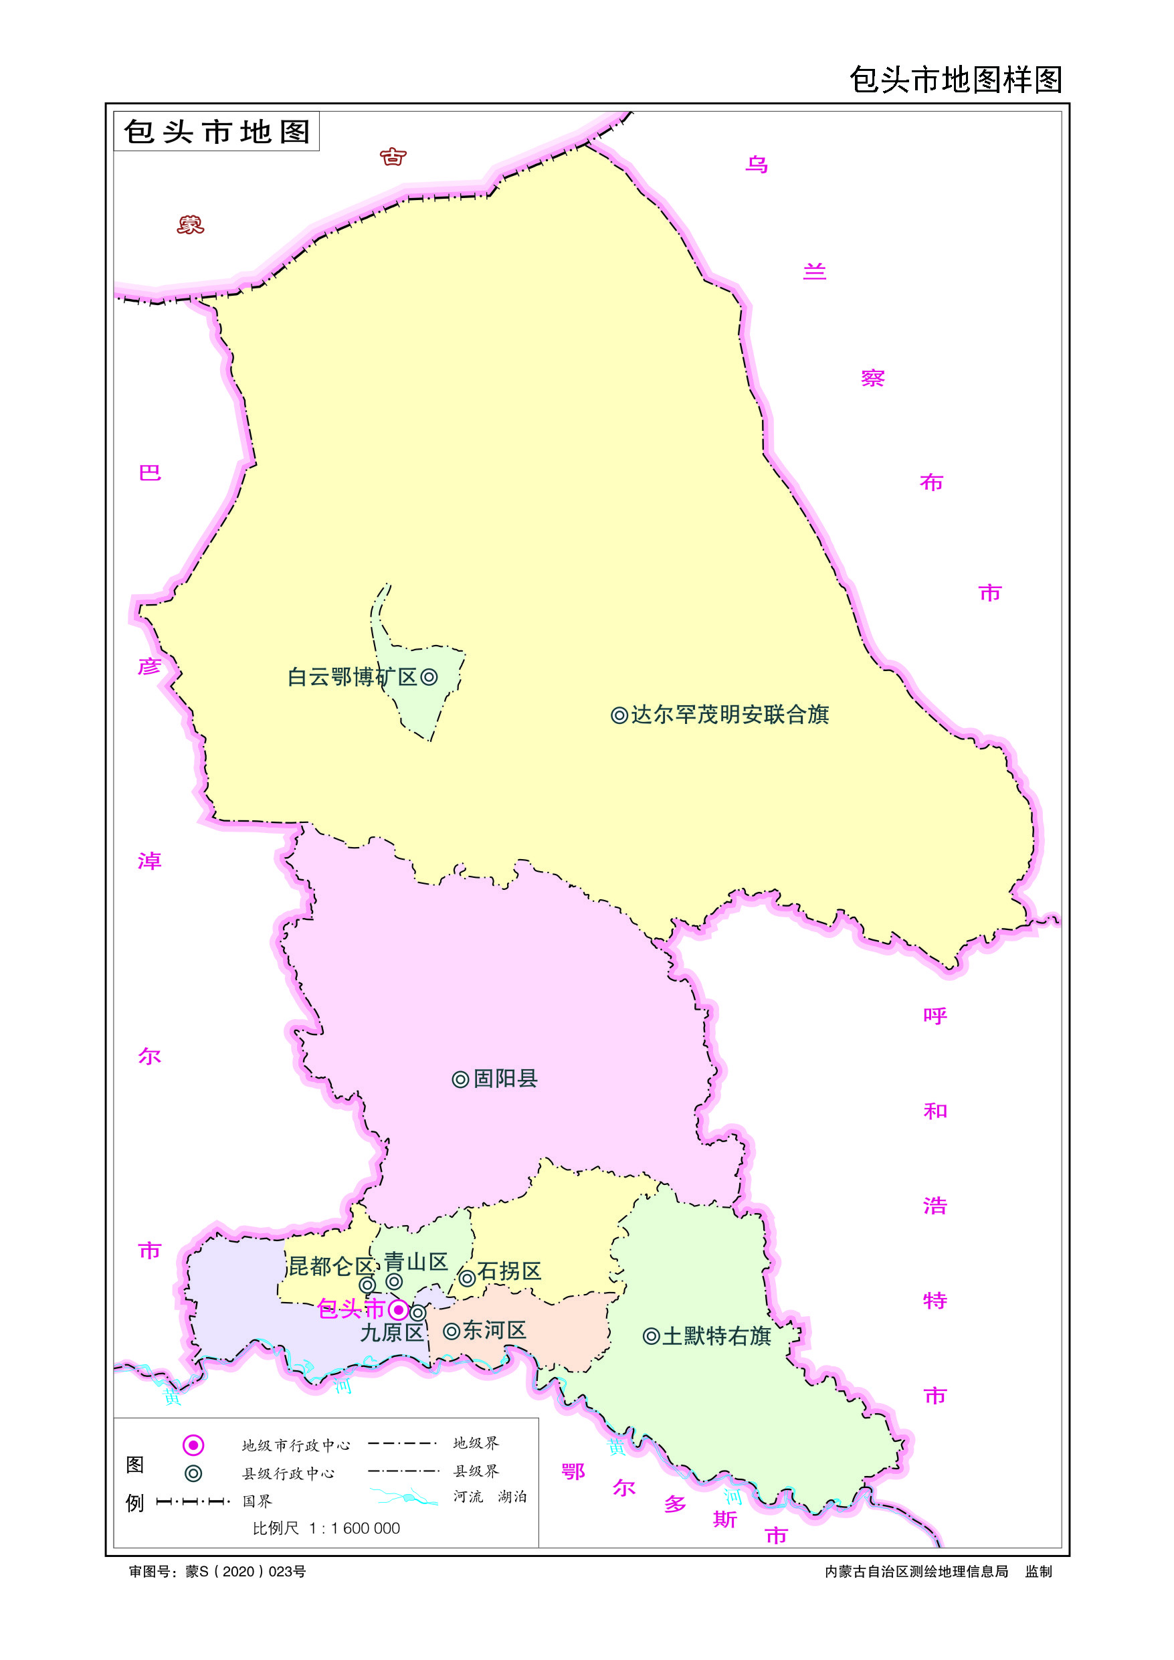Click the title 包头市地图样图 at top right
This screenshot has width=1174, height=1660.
(x=955, y=80)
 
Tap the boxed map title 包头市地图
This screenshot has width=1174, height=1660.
(x=217, y=132)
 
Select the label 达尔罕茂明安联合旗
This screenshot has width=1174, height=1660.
(x=729, y=715)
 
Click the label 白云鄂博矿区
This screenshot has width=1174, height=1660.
(x=352, y=676)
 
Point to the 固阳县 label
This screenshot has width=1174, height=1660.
(x=504, y=1079)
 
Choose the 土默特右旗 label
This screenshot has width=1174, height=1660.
(x=716, y=1336)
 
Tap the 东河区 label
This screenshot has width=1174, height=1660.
(x=494, y=1330)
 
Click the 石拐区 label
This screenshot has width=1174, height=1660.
(x=509, y=1271)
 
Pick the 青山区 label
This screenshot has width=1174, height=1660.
(x=415, y=1262)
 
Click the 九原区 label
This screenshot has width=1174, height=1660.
(x=392, y=1332)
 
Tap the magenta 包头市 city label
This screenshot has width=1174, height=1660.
(x=351, y=1309)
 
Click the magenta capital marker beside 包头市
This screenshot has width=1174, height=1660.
(x=398, y=1309)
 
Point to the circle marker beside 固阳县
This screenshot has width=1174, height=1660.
(x=460, y=1079)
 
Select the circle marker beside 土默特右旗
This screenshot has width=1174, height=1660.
(x=651, y=1337)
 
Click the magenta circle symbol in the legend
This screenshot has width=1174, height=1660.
(x=193, y=1445)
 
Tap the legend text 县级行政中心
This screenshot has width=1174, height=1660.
(x=288, y=1473)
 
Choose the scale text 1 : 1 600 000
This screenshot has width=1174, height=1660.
(x=355, y=1528)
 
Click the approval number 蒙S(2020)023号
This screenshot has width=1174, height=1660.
(x=246, y=1571)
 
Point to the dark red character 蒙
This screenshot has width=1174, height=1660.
(x=191, y=225)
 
